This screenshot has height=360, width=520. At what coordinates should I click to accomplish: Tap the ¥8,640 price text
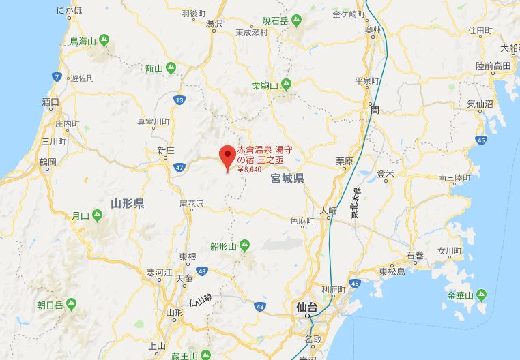point(249,169)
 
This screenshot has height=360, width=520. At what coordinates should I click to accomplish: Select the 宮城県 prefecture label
point(287,179)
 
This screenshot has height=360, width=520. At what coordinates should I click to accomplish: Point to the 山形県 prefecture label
point(128,203)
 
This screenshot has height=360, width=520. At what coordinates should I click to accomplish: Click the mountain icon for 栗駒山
point(287,85)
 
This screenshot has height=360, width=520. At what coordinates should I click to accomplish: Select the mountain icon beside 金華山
point(482,295)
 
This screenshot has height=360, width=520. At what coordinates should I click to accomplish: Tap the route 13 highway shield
point(179,100)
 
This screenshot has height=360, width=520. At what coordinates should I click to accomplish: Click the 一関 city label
point(370,110)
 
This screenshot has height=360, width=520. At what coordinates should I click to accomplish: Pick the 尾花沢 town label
point(191,204)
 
